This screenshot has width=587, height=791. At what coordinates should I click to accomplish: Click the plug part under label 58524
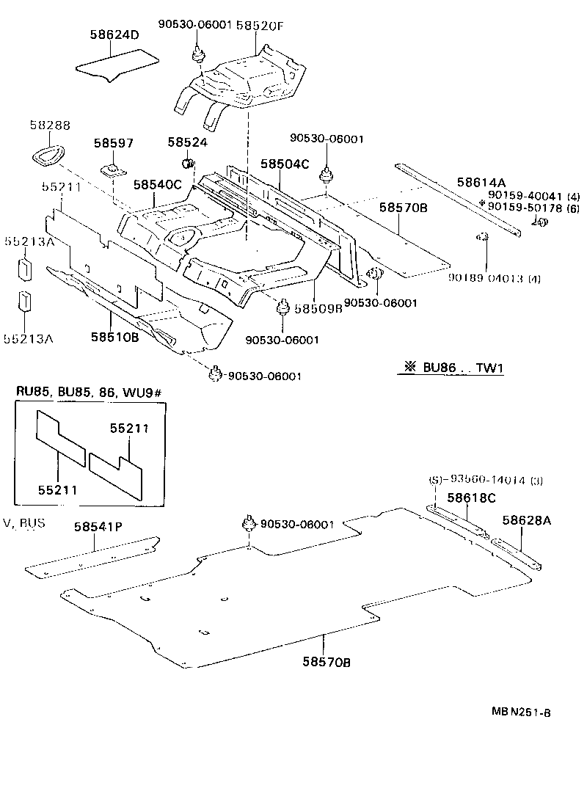(186, 163)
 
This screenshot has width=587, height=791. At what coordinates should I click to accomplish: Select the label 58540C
(157, 185)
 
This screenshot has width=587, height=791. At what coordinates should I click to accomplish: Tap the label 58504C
(286, 165)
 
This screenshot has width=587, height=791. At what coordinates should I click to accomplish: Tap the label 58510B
(115, 337)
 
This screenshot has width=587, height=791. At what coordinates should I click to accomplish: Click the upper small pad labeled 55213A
(25, 268)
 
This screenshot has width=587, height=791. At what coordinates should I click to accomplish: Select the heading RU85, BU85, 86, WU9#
(88, 393)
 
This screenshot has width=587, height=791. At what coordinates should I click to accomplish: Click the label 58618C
(471, 498)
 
